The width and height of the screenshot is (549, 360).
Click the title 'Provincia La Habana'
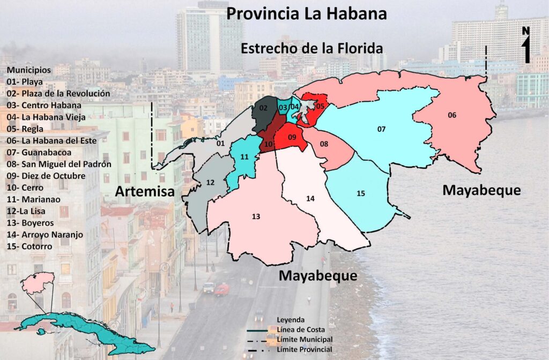pos(306,13)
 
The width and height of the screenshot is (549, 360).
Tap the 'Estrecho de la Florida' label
pos(312,48)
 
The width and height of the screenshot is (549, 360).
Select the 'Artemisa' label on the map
pos(144,191)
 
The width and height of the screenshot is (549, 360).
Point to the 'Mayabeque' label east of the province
pos(481,190)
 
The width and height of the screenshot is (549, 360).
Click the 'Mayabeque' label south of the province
pos(318,276)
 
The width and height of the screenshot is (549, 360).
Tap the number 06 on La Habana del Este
pos(452,115)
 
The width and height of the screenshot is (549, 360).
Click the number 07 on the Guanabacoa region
pos(381,129)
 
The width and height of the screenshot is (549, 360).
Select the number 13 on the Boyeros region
pos(256,216)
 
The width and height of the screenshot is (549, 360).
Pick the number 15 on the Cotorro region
pos(360,193)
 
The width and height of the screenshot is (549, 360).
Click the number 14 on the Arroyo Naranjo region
pos(310,199)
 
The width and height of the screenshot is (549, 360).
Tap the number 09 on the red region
pos(292,138)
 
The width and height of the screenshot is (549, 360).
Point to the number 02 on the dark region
pos(263,108)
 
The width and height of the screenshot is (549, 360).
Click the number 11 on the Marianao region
pos(244,157)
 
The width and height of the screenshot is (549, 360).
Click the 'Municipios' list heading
pos(29,70)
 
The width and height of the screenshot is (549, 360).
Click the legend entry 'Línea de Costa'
pos(301,329)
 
